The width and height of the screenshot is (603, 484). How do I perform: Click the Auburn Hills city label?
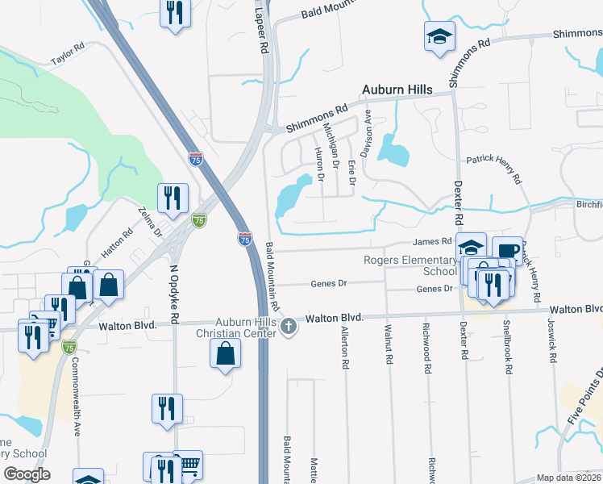coord(397,89)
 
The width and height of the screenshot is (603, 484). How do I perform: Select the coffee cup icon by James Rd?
coord(506,250)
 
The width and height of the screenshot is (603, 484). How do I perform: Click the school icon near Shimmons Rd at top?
coord(439,36)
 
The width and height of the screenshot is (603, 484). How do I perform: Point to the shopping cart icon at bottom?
coord(188,464)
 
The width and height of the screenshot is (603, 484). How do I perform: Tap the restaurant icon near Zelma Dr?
coord(173,197)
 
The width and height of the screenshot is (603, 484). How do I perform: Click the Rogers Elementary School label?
coord(410,265)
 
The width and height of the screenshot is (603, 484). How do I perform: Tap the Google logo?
coord(26,474)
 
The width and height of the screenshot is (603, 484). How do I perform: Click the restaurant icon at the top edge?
coord(175,13)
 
